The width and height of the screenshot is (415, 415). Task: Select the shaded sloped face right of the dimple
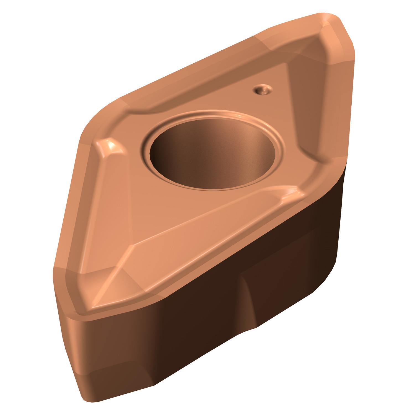coord(304,105)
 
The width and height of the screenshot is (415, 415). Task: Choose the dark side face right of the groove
coord(299,277)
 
